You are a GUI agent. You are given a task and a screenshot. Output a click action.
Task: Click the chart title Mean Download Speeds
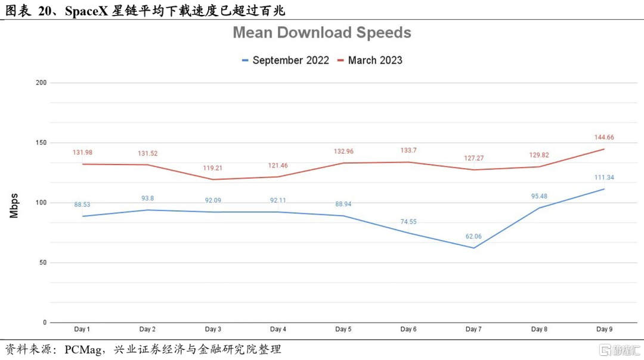[321, 32]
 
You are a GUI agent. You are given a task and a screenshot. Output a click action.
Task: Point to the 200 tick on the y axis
[41, 83]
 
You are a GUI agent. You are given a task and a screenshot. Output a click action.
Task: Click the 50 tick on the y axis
[43, 263]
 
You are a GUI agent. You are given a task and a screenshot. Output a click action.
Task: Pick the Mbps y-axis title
[14, 206]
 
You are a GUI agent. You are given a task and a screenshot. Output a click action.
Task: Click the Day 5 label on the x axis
[343, 330]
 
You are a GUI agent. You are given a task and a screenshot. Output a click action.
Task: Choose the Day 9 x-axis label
[604, 330]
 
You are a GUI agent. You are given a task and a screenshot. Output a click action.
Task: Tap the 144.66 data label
[604, 137]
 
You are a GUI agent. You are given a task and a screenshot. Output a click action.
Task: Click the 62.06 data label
[473, 237]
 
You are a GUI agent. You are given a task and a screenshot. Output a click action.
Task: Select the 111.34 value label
[604, 178]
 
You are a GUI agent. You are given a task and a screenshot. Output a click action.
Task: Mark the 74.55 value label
[408, 221]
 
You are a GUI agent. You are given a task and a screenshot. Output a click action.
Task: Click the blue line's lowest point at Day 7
[473, 248]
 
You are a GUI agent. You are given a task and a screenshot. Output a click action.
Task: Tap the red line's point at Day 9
[604, 149]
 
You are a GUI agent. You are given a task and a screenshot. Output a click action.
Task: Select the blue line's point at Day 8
[539, 208]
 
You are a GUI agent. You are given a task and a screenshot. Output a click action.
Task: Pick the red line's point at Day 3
[213, 179]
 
